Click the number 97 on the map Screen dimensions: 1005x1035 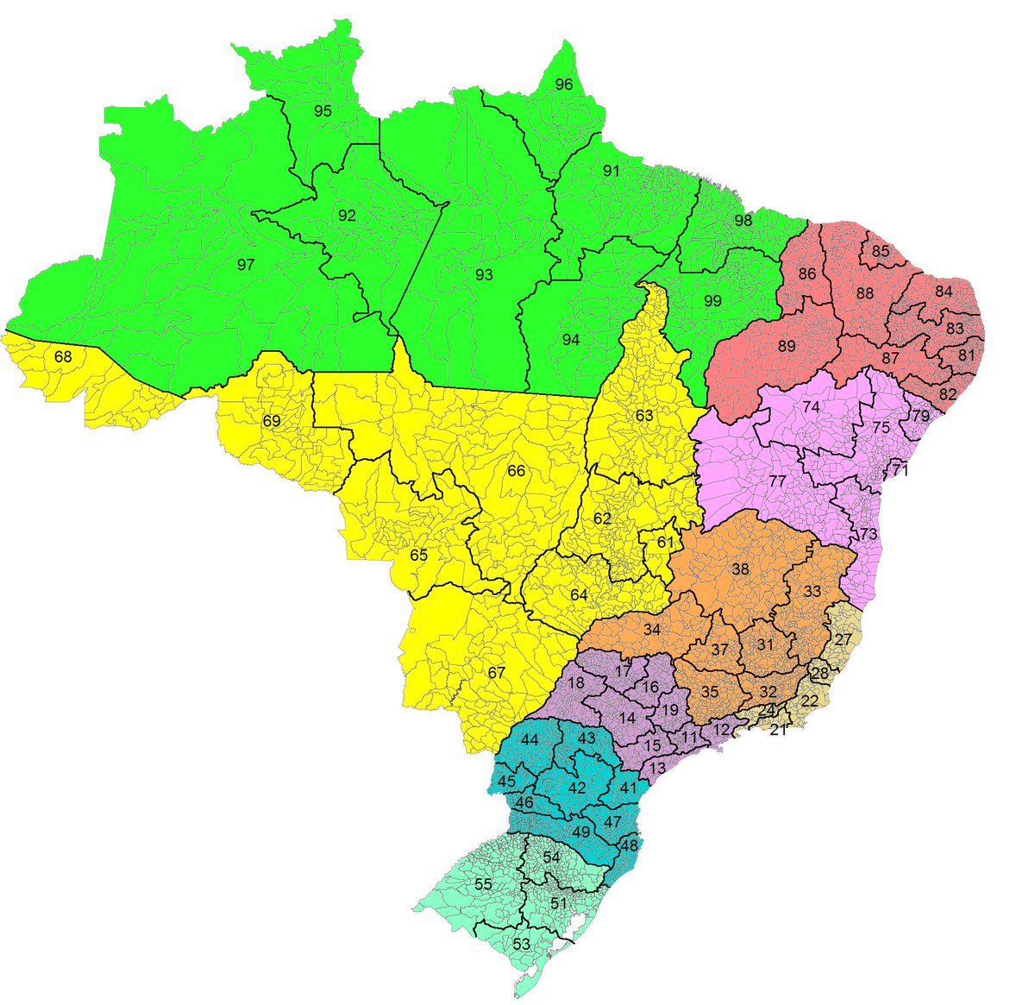(x=246, y=265)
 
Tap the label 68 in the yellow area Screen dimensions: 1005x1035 (x=63, y=356)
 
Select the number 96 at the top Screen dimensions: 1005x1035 (x=564, y=85)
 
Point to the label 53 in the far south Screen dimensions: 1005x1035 (x=521, y=944)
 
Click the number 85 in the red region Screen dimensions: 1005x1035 (x=881, y=251)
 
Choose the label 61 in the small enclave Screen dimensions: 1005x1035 (x=665, y=543)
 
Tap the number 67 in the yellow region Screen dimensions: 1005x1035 (x=496, y=673)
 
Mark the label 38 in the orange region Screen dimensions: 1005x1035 (x=740, y=569)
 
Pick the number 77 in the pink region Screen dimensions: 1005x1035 (x=777, y=481)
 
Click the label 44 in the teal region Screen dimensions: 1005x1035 (x=530, y=739)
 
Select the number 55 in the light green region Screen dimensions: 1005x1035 (x=483, y=884)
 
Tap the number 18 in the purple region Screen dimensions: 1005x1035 (x=578, y=683)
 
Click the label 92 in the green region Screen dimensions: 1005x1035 (x=347, y=216)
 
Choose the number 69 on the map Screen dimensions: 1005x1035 (x=272, y=421)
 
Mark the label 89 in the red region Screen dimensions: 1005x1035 (x=786, y=346)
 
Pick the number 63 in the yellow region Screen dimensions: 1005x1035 (x=644, y=415)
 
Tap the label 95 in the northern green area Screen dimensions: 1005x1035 (x=323, y=111)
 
